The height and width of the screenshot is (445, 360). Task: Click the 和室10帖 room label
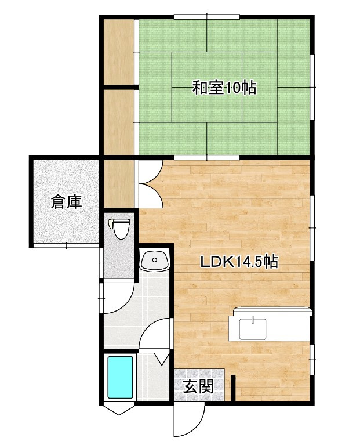(224, 88)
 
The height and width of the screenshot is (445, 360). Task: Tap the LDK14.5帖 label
(239, 262)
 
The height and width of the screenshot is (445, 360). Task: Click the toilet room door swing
(118, 297)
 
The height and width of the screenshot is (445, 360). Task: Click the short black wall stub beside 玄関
(234, 388)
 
